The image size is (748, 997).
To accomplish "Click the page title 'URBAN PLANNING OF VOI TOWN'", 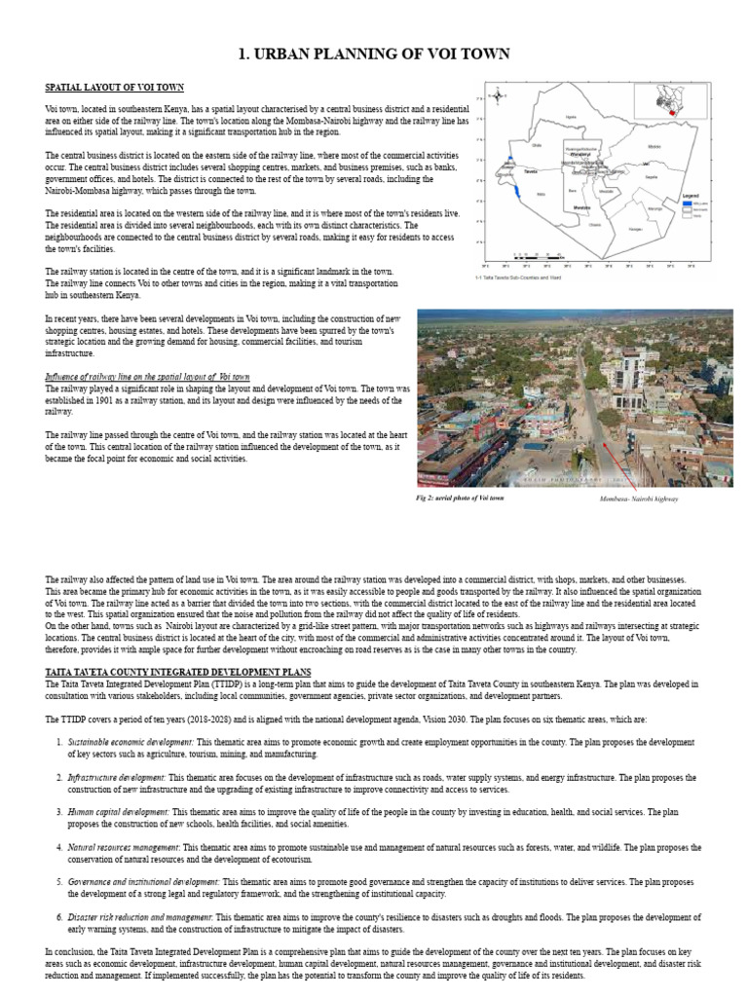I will coord(374,54).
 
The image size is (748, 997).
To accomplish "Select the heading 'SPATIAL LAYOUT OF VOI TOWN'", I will coord(114,88).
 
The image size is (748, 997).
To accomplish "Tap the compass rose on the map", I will coord(498,95).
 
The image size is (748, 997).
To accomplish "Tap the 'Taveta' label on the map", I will coord(531,169).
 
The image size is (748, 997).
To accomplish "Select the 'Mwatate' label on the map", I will coord(581,207).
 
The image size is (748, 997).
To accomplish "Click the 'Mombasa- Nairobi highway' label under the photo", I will coord(639,498).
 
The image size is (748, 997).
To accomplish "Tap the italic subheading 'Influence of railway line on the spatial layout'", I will coord(147,376).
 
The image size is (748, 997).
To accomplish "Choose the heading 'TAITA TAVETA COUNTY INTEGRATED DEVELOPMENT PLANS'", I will coord(178,672).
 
